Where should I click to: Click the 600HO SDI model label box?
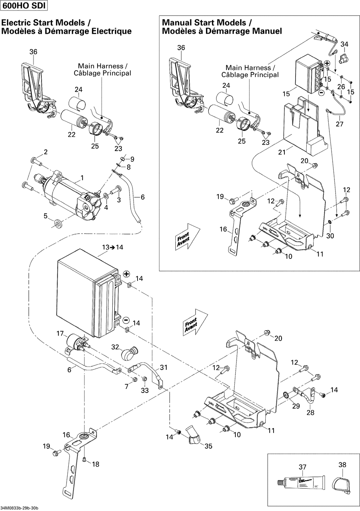24,6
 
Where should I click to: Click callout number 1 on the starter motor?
82,178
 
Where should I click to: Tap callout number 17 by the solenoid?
60,334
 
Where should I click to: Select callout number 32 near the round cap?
115,347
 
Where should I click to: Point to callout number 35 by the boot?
208,446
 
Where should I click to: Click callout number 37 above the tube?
302,467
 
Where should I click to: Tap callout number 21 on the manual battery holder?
282,152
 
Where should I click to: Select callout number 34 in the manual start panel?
345,44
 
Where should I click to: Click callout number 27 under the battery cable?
339,124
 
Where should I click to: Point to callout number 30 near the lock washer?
330,236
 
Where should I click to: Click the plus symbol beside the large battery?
126,274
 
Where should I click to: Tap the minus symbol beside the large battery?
126,320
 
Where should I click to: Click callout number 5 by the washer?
45,216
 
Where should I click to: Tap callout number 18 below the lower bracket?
95,464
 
